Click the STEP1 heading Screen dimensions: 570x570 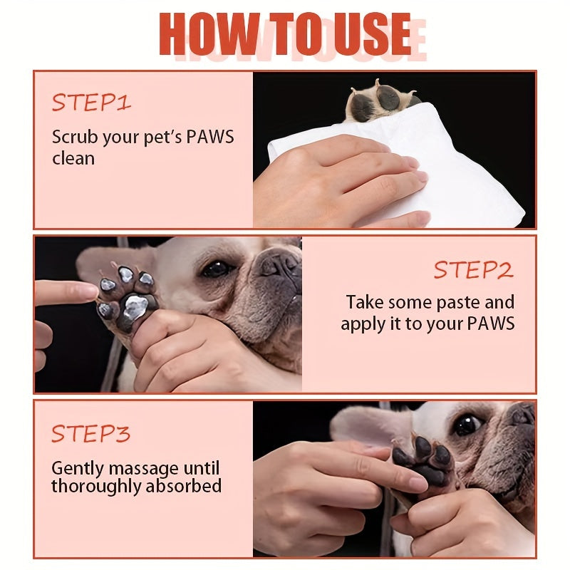[x=91, y=102]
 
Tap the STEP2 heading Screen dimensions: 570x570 [x=474, y=270]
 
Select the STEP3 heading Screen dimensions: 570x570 [x=91, y=433]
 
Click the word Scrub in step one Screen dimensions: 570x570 [x=75, y=137]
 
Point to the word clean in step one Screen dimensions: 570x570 [x=73, y=158]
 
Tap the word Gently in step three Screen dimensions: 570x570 [x=78, y=469]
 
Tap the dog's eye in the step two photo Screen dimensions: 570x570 [x=217, y=269]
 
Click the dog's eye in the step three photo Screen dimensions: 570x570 [x=467, y=425]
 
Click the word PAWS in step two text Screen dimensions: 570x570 [x=491, y=323]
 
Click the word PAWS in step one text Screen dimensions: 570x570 [x=209, y=137]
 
